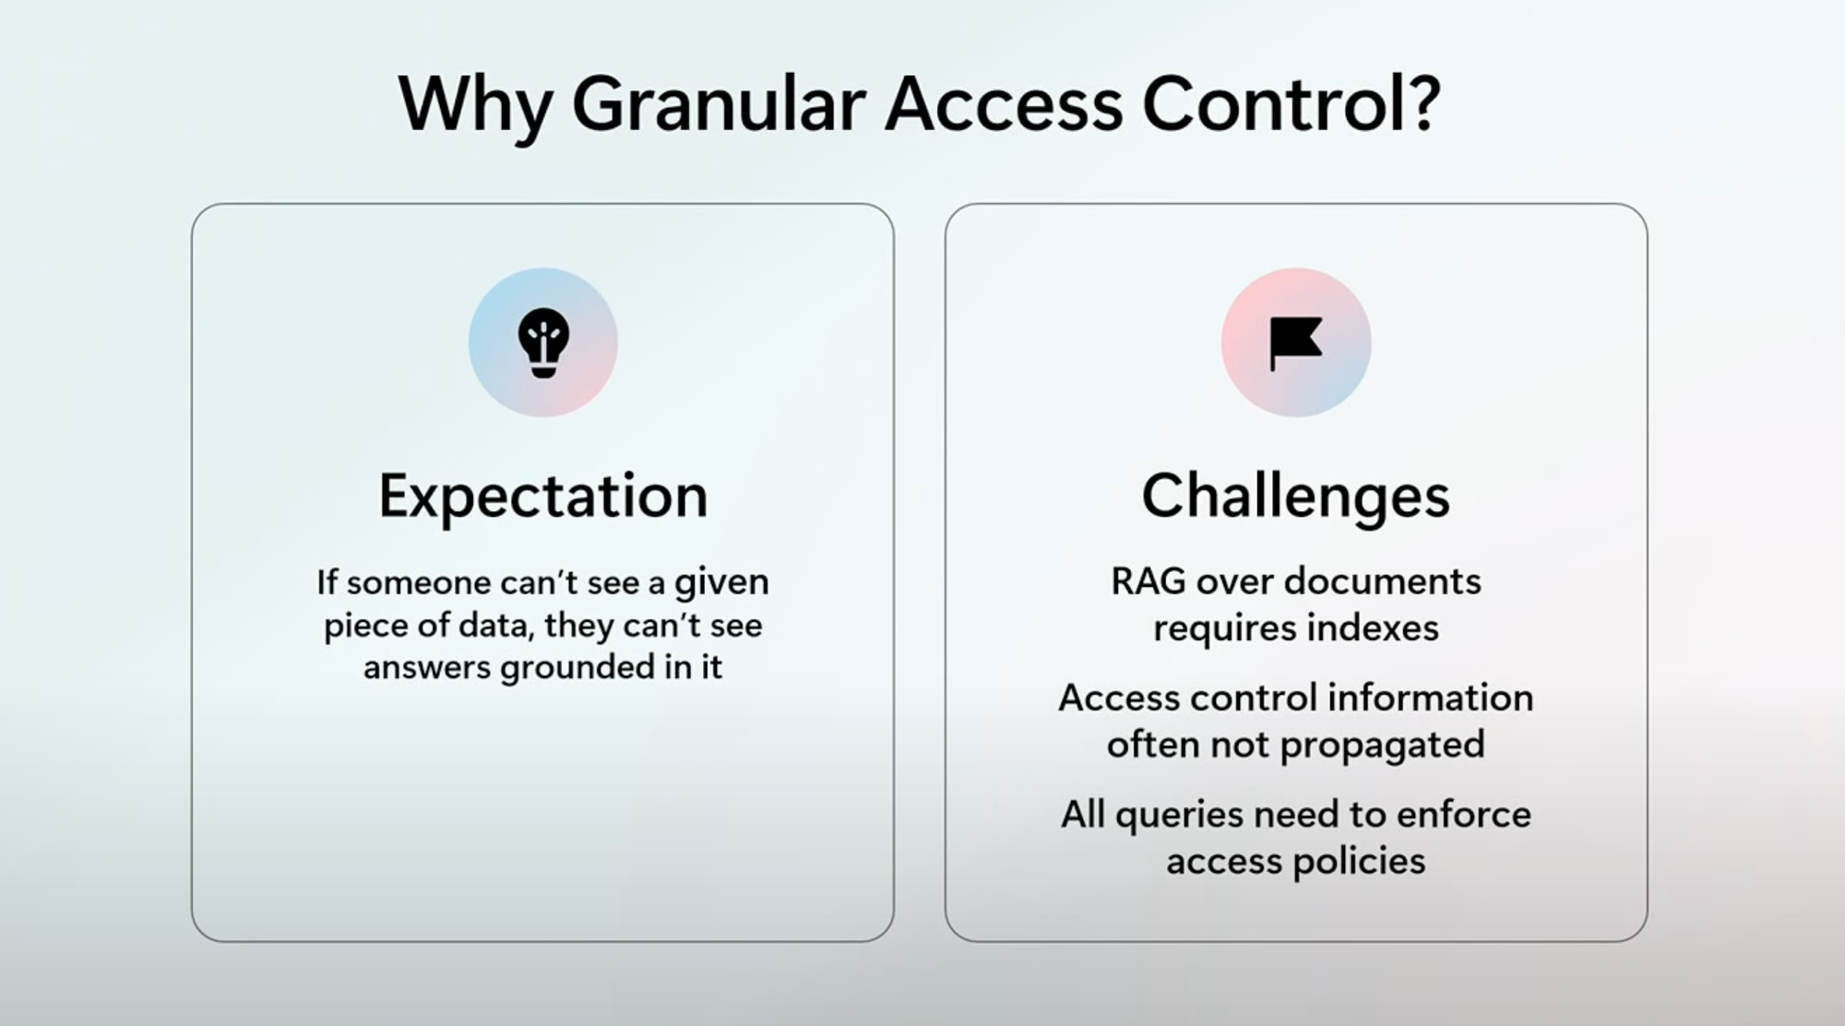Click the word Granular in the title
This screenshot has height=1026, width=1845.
719,103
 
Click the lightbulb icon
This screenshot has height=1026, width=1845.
543,342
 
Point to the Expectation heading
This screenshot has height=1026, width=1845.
543,497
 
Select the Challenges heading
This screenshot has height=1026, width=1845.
1295,497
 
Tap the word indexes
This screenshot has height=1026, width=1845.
1373,628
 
